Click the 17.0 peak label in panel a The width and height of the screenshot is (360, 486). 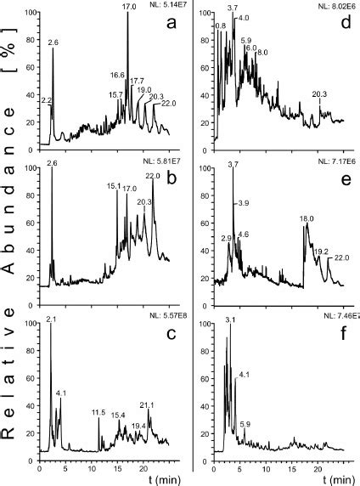pyautogui.click(x=128, y=7)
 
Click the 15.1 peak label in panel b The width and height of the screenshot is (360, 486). pyautogui.click(x=113, y=186)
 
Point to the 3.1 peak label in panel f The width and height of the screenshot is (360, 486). pyautogui.click(x=230, y=320)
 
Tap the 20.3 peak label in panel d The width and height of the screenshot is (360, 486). pyautogui.click(x=320, y=93)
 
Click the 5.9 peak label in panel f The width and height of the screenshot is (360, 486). pyautogui.click(x=245, y=423)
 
